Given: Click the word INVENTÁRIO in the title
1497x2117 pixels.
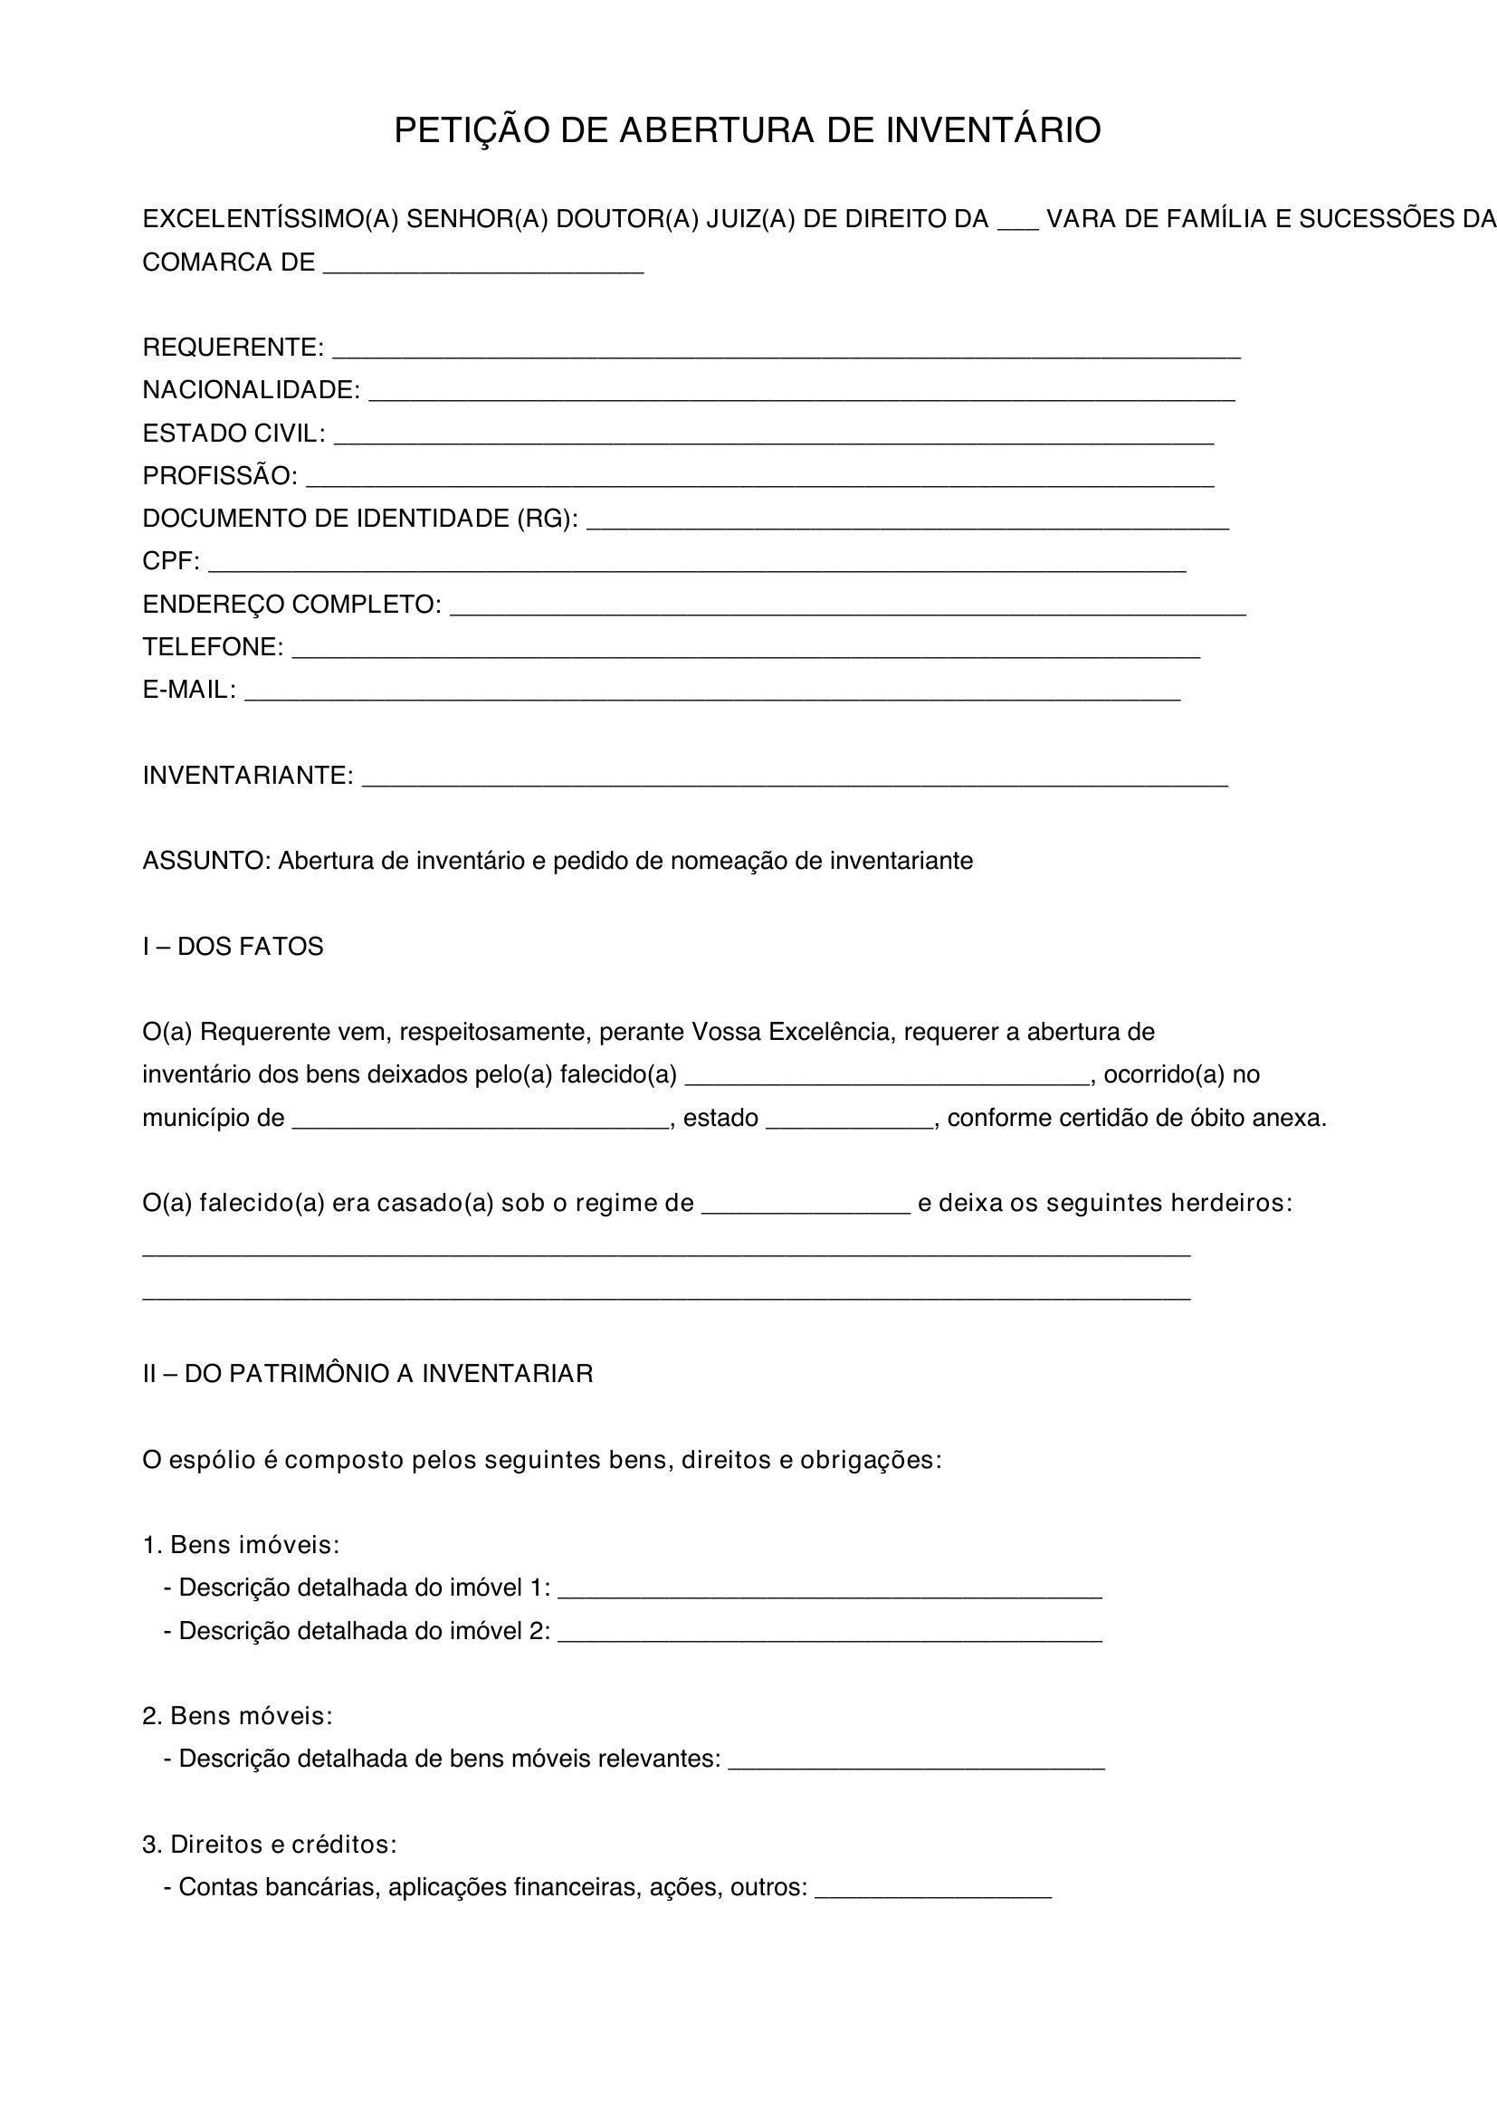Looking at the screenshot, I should click(x=993, y=131).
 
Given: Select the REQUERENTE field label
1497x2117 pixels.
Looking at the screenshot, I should click(x=233, y=348).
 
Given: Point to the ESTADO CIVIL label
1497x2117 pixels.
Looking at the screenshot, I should click(x=234, y=434).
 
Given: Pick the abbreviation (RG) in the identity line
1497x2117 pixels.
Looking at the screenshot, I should click(x=548, y=520).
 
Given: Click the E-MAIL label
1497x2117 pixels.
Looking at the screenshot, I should click(x=189, y=690).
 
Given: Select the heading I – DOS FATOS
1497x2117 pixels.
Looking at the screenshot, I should click(x=233, y=947).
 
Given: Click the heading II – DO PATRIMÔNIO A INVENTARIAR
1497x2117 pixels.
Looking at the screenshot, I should click(x=367, y=1374).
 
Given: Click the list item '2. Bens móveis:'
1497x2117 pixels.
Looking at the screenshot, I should click(x=237, y=1716).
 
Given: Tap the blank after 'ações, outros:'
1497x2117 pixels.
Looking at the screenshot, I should click(x=933, y=1892).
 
